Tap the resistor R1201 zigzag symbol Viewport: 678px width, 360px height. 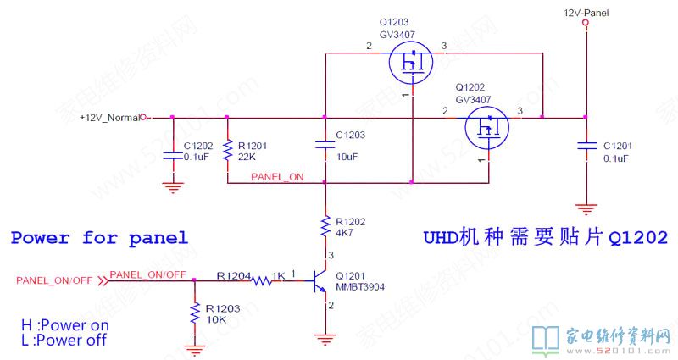pyautogui.click(x=227, y=151)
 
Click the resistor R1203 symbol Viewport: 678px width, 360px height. pyautogui.click(x=195, y=313)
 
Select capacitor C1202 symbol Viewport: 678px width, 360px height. pyautogui.click(x=173, y=146)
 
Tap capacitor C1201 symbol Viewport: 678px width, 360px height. pyautogui.click(x=585, y=146)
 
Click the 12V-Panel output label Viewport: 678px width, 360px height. pyautogui.click(x=586, y=12)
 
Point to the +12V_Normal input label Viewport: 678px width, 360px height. pyautogui.click(x=108, y=117)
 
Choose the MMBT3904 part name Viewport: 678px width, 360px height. pyautogui.click(x=361, y=286)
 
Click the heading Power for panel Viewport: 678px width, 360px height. pyautogui.click(x=98, y=238)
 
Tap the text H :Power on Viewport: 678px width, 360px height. pyautogui.click(x=65, y=325)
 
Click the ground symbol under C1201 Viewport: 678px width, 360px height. pyautogui.click(x=585, y=206)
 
